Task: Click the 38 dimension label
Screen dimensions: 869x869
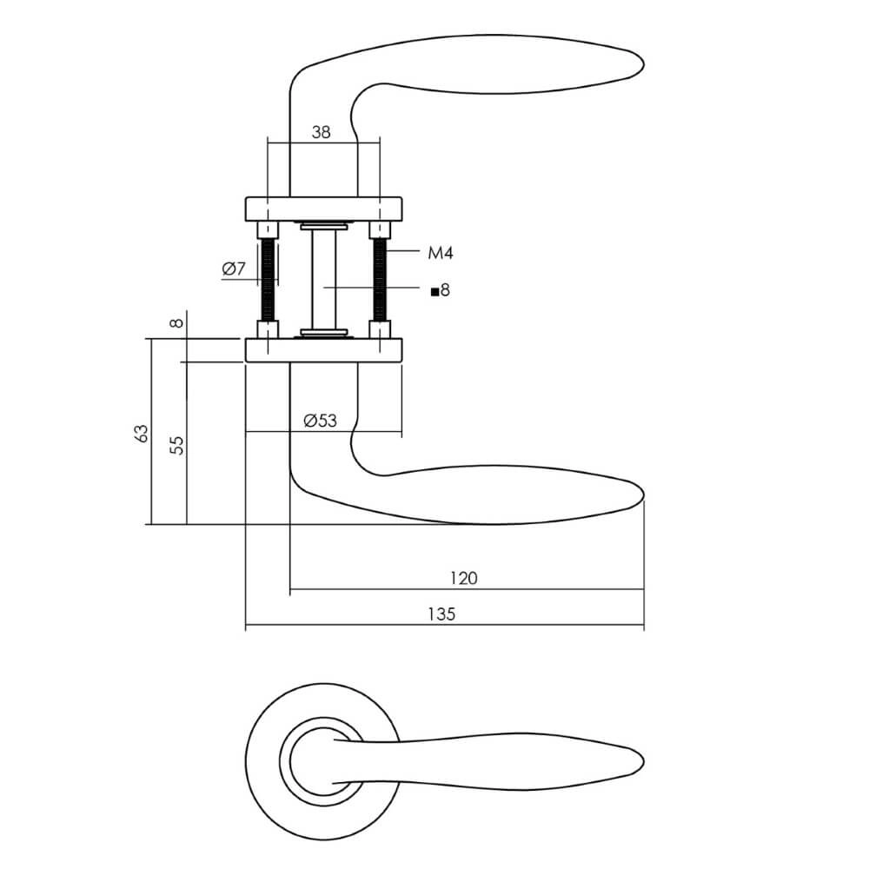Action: point(321,132)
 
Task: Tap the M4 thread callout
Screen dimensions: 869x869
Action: point(441,253)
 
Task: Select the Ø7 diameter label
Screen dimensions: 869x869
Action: point(233,269)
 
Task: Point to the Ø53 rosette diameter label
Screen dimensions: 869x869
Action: point(321,421)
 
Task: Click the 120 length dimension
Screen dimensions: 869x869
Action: point(463,578)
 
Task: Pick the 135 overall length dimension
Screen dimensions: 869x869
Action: point(441,614)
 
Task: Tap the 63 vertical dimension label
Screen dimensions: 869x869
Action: point(142,434)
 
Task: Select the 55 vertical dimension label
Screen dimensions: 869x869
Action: point(176,445)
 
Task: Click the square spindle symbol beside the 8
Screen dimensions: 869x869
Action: point(435,291)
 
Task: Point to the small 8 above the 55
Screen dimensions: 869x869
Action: point(176,322)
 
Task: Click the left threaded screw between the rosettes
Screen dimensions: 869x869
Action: point(269,279)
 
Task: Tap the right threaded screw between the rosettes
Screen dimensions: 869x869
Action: point(380,279)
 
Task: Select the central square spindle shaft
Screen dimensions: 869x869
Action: point(323,279)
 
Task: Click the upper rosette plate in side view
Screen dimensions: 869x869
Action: point(323,209)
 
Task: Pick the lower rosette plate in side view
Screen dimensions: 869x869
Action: point(323,349)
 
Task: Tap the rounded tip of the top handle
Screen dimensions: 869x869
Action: point(642,64)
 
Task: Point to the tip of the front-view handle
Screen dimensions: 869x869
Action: point(642,760)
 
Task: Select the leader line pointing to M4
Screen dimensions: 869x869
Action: point(403,251)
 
